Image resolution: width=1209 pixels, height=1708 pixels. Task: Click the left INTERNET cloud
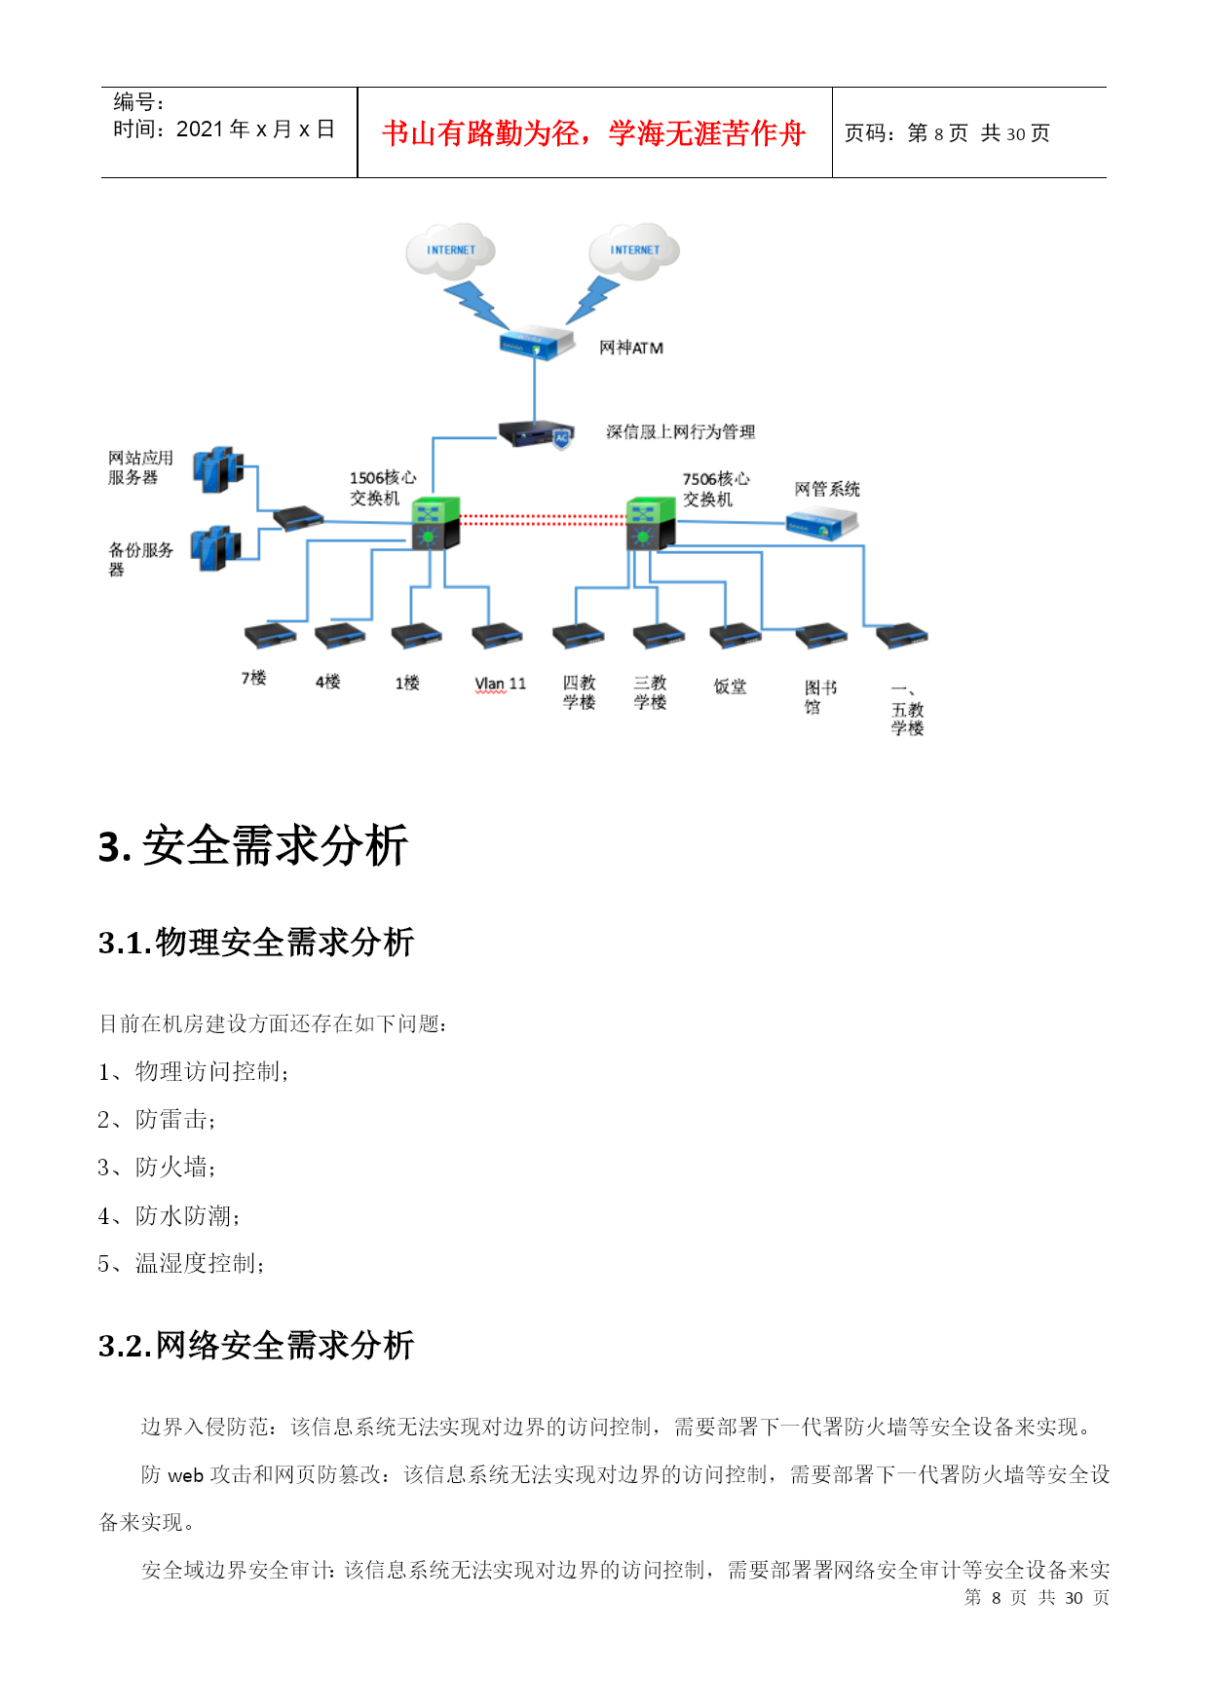click(x=450, y=250)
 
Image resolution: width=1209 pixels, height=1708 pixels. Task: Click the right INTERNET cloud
click(x=634, y=250)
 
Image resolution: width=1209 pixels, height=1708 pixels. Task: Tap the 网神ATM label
click(x=631, y=348)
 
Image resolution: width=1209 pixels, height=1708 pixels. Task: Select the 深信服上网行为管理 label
click(x=680, y=431)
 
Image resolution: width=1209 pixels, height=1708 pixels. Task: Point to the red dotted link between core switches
click(x=543, y=521)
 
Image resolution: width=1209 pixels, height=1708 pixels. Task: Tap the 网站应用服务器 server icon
click(x=217, y=469)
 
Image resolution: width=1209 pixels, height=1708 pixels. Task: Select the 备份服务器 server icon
click(x=215, y=548)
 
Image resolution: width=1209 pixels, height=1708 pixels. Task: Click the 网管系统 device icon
click(x=822, y=525)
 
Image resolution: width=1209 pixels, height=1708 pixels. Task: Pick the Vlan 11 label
click(x=500, y=684)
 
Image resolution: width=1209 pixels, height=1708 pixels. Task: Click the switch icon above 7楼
click(x=270, y=636)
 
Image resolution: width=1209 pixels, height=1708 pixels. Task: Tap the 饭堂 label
click(x=730, y=687)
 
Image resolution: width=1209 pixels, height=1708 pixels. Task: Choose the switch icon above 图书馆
click(x=821, y=636)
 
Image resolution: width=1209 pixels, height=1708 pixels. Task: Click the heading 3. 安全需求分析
click(x=253, y=845)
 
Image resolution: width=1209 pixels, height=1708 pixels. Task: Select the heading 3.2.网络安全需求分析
click(x=256, y=1345)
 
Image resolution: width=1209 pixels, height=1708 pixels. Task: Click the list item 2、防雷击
click(x=156, y=1120)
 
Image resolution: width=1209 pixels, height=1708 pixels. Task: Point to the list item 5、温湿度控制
click(x=181, y=1264)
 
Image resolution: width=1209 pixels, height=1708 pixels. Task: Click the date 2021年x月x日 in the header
click(x=255, y=130)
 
